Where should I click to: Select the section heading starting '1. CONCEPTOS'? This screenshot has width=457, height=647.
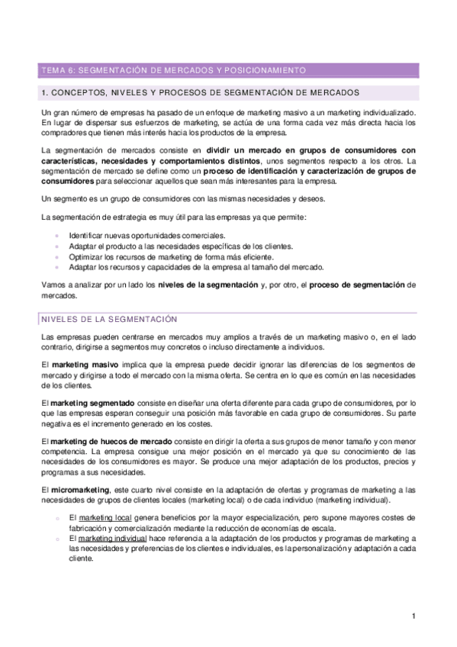(199, 93)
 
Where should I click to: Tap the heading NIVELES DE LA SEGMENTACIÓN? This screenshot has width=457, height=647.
(108, 318)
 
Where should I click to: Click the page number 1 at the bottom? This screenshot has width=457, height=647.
(413, 616)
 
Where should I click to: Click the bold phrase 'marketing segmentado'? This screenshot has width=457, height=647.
(92, 401)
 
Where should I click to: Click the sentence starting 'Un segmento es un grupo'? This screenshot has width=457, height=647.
(173, 199)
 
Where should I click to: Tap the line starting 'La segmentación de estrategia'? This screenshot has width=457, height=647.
(173, 218)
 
